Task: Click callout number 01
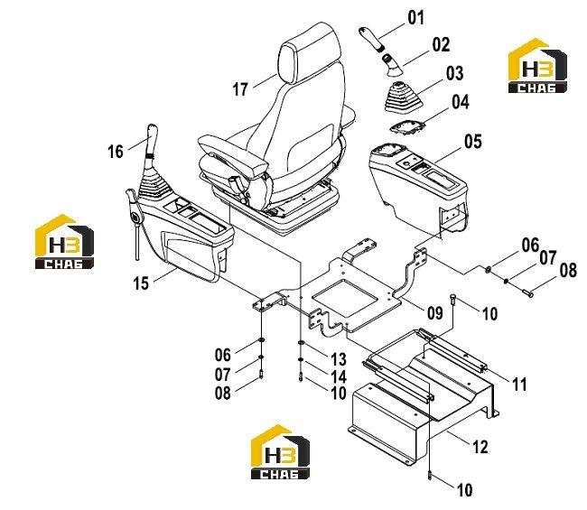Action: (x=416, y=18)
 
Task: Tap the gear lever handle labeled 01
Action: (x=371, y=38)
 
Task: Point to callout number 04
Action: (x=460, y=102)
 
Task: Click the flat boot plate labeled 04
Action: (x=407, y=127)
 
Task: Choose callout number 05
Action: (x=473, y=142)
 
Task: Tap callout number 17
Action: (x=240, y=89)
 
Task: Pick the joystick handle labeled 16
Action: (x=152, y=139)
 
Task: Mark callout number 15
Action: (x=141, y=283)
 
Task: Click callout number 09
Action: (x=434, y=312)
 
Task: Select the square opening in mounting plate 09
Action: (x=345, y=298)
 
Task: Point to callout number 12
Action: (x=480, y=447)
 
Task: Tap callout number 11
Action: (x=519, y=384)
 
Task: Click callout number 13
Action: (x=339, y=359)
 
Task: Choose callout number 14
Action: (x=339, y=376)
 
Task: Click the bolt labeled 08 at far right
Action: (x=526, y=292)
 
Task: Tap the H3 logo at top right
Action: (x=537, y=66)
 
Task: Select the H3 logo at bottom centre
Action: (x=280, y=452)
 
